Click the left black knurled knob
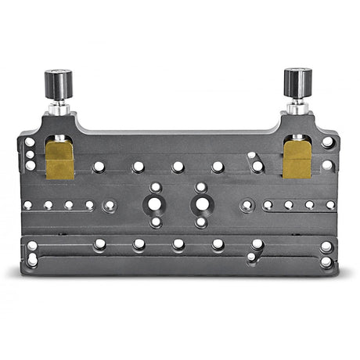58,82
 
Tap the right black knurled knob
297,81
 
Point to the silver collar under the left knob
59,106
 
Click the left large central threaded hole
156,204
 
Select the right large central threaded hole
201,204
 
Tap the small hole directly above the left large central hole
156,188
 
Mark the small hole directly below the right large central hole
201,222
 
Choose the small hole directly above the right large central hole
201,188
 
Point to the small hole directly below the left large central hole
156,222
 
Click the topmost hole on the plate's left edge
30,142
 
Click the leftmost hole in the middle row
27,205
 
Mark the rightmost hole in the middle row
330,205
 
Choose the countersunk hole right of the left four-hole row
110,206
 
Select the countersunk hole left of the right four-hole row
247,206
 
